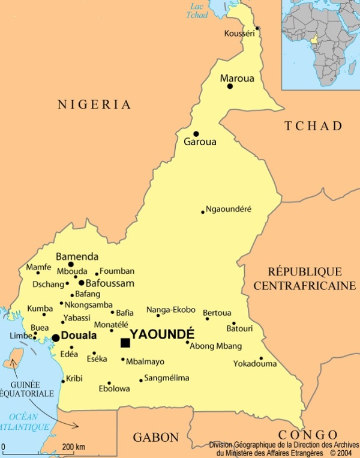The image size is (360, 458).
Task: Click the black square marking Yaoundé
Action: (x=125, y=343)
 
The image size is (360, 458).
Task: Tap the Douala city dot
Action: (x=56, y=338)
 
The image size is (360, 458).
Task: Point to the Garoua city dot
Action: (x=196, y=134)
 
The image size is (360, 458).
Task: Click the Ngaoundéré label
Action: (x=229, y=209)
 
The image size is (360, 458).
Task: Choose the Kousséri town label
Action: (x=239, y=33)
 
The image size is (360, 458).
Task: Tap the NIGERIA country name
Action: (x=94, y=104)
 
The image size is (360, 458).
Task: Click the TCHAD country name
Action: (x=313, y=126)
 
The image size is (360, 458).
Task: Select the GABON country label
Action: (x=156, y=437)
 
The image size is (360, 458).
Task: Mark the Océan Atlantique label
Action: (x=24, y=422)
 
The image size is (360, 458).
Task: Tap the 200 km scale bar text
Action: (x=73, y=447)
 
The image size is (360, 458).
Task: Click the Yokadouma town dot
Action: (x=261, y=358)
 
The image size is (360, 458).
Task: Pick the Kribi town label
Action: (x=74, y=378)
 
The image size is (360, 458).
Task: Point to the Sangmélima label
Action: (x=167, y=378)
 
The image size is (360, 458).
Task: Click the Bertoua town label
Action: (x=217, y=313)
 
